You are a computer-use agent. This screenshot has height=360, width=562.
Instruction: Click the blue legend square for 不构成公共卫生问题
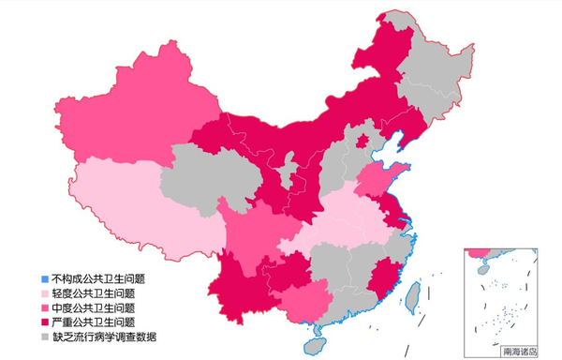point(44,278)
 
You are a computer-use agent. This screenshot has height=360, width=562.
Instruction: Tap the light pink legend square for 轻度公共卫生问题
point(44,292)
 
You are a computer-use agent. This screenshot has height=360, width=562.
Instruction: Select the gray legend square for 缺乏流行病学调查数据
point(44,335)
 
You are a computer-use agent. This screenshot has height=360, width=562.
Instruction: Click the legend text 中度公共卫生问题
point(94,307)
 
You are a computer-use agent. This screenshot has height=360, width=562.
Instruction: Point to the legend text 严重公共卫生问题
point(94,321)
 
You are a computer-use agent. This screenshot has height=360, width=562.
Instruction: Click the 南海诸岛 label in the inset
point(520,351)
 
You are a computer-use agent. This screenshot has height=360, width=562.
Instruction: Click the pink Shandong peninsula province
point(379,178)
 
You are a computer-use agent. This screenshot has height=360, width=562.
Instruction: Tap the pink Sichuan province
point(248,234)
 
